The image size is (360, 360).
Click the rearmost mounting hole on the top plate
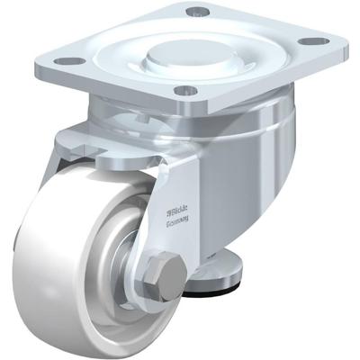click(197, 13)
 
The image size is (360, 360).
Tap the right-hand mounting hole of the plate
click(313, 41)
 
